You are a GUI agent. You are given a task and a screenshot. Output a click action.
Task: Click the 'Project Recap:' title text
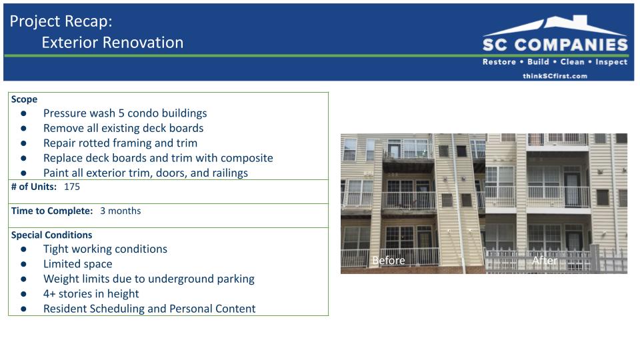tap(61, 21)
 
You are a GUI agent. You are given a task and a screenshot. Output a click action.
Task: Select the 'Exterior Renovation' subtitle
tap(113, 43)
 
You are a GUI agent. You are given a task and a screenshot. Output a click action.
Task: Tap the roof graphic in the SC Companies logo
tap(555, 25)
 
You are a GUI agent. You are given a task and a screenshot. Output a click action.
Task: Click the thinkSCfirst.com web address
tap(555, 76)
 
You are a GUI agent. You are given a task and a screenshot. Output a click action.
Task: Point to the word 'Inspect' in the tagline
tap(611, 62)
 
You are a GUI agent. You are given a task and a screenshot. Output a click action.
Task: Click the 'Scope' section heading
tap(24, 99)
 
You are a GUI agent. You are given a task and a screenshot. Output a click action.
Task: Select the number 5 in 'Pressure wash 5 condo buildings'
tap(121, 113)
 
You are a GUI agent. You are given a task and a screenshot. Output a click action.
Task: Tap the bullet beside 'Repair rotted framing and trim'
tap(24, 143)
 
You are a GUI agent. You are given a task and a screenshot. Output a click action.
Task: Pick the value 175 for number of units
tap(72, 187)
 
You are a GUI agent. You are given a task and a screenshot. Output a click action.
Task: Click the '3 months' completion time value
tap(121, 211)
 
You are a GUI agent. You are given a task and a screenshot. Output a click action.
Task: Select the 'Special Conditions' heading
tap(51, 235)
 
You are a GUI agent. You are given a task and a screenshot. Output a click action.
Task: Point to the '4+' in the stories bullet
tap(49, 294)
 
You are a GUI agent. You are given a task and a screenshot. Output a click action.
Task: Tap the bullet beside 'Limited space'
tap(24, 264)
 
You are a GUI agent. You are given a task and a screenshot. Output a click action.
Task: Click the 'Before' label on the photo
tap(389, 261)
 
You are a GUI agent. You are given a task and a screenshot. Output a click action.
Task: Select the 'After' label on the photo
tap(545, 261)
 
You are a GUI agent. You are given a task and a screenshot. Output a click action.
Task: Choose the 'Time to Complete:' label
tap(52, 211)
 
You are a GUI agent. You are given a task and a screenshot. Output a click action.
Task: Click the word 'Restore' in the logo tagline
tap(499, 62)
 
